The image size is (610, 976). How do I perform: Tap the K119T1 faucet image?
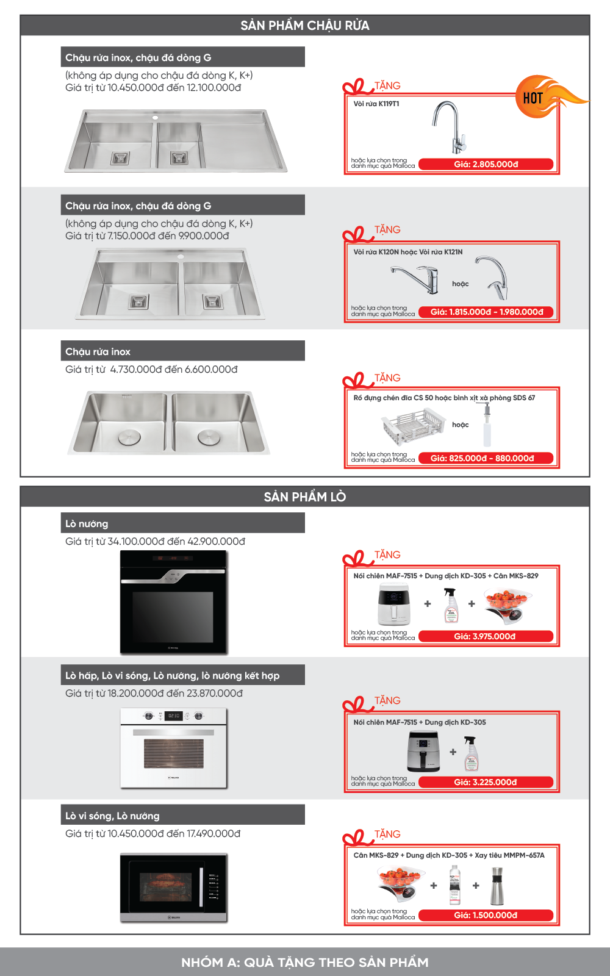[450, 127]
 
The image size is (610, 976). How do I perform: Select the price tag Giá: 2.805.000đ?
[486, 165]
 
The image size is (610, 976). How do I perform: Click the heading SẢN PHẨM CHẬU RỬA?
[305, 26]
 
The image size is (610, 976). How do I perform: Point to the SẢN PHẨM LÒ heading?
[305, 497]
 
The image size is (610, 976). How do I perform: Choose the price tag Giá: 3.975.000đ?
[486, 636]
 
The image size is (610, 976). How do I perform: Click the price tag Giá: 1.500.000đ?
[486, 915]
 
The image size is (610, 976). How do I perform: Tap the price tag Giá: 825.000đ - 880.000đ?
[486, 458]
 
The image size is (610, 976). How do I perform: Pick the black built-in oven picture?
[174, 602]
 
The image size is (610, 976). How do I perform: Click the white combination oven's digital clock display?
[174, 716]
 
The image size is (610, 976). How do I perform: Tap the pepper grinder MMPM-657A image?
[498, 886]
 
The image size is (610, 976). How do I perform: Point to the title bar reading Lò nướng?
[183, 523]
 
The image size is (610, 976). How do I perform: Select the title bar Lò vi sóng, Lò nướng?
[183, 816]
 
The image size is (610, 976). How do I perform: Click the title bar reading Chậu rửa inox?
[183, 351]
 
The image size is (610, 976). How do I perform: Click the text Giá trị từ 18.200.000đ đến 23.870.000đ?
[154, 694]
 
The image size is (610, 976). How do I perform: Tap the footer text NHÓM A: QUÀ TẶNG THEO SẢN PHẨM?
[305, 962]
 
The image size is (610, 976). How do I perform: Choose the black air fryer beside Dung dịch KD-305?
[423, 752]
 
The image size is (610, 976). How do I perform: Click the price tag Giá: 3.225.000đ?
[486, 782]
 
